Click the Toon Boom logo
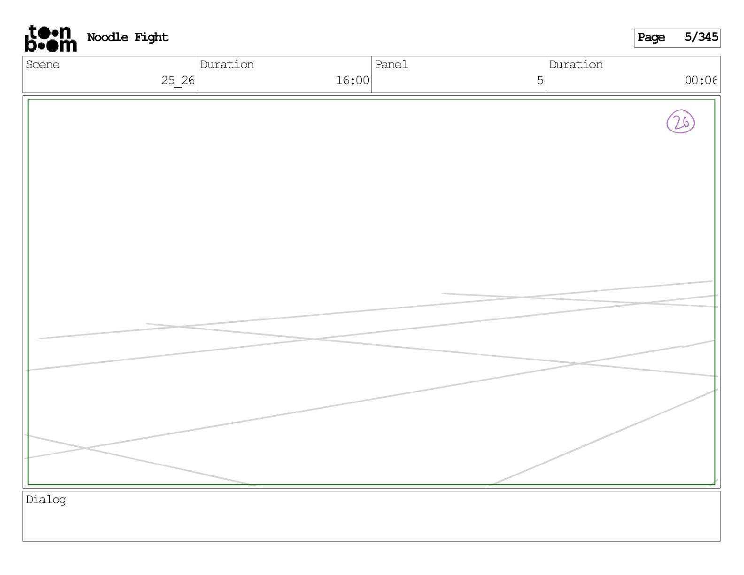pyautogui.click(x=50, y=39)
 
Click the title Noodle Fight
pyautogui.click(x=127, y=37)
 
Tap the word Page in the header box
pyautogui.click(x=651, y=38)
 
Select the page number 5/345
pyautogui.click(x=701, y=37)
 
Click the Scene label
pyautogui.click(x=43, y=65)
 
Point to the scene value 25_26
pyautogui.click(x=177, y=80)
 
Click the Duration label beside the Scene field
pyautogui.click(x=227, y=65)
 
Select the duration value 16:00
pyautogui.click(x=352, y=80)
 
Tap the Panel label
pyautogui.click(x=391, y=65)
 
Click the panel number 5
pyautogui.click(x=540, y=80)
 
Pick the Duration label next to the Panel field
pyautogui.click(x=576, y=65)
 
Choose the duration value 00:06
pyautogui.click(x=701, y=80)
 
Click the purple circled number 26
pyautogui.click(x=681, y=122)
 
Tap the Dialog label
pyautogui.click(x=46, y=500)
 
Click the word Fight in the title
pyautogui.click(x=151, y=37)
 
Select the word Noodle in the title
pyautogui.click(x=108, y=37)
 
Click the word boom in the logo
pyautogui.click(x=50, y=45)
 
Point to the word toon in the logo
pyautogui.click(x=50, y=32)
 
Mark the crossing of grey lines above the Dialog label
pyautogui.click(x=85, y=448)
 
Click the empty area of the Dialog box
pyautogui.click(x=371, y=521)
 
